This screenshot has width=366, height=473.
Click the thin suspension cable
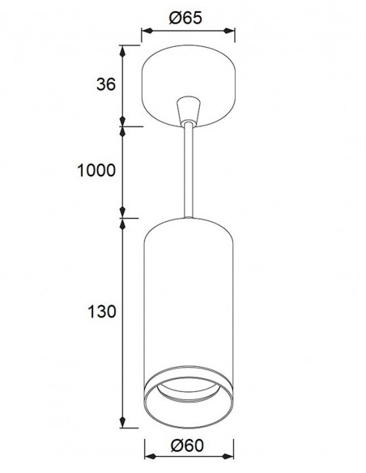coord(189,170)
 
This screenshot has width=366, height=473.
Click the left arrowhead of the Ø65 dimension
coord(144,34)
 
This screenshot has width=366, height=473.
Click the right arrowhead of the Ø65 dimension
coord(235,34)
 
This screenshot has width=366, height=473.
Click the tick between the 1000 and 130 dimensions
coord(122,217)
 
